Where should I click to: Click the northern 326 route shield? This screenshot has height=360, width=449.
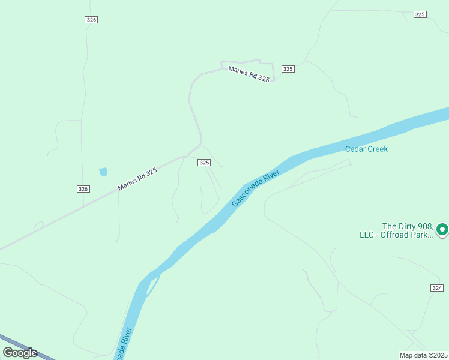click(91, 20)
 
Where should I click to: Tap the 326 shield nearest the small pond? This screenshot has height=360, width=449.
click(83, 189)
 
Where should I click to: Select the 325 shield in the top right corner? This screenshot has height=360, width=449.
click(420, 14)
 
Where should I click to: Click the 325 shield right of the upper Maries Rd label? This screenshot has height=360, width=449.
click(288, 69)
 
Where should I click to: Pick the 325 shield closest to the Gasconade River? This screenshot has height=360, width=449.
click(204, 163)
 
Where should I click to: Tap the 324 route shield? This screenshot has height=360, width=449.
click(437, 289)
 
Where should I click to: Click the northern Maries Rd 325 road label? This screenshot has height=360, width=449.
click(249, 74)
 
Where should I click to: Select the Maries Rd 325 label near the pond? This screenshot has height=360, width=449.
click(137, 179)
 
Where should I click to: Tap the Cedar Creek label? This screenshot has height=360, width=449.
click(366, 149)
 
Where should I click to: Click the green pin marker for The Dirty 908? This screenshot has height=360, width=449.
click(442, 229)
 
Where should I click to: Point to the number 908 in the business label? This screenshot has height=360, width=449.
click(423, 226)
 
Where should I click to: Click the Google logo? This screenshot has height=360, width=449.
click(20, 353)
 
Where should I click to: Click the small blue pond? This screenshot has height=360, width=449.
click(103, 172)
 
